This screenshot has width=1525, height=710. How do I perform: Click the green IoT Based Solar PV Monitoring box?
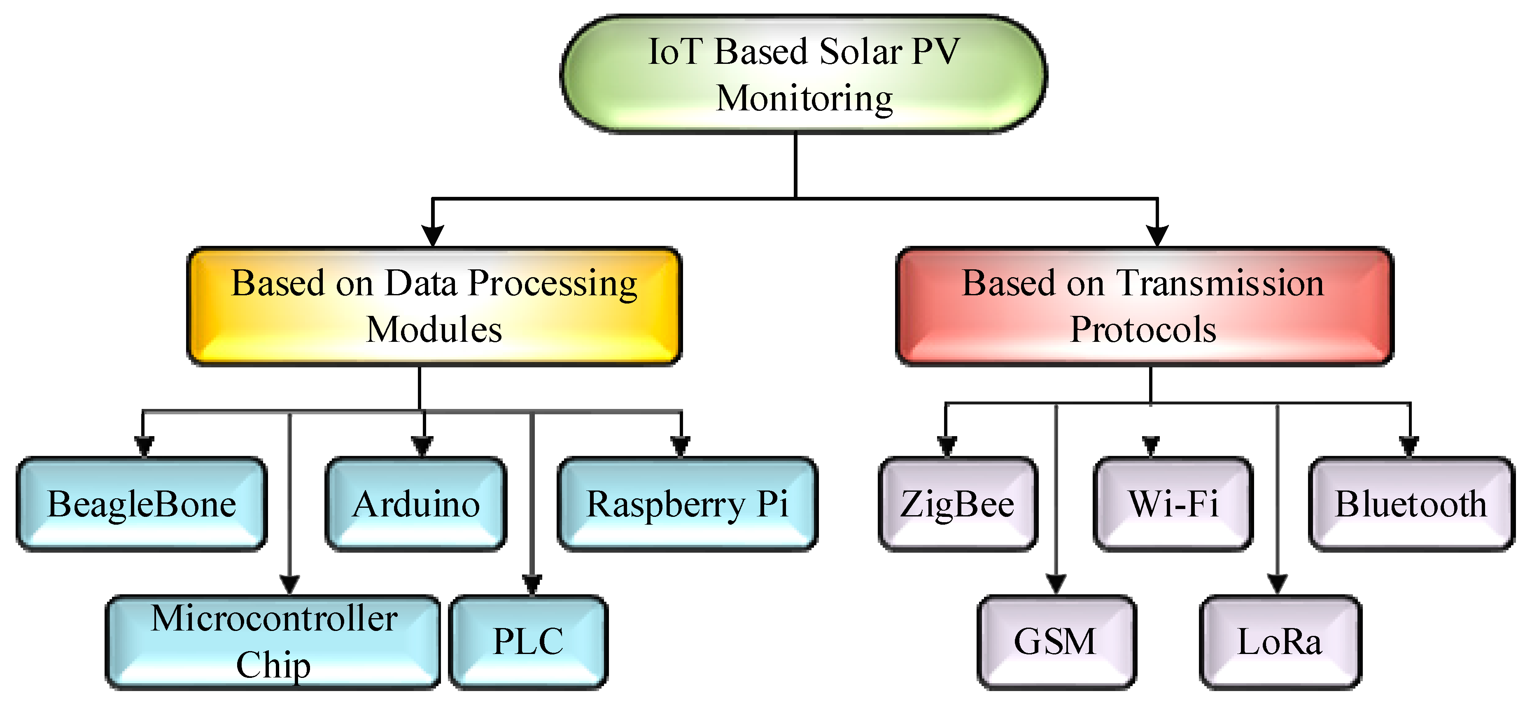click(x=803, y=74)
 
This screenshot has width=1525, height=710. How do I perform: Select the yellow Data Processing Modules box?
click(x=434, y=306)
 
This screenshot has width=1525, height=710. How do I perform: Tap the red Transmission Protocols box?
click(x=1144, y=306)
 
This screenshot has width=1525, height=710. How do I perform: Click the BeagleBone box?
click(x=142, y=504)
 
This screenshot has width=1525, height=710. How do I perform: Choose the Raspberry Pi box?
click(x=687, y=504)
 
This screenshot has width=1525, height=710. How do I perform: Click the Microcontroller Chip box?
click(x=273, y=642)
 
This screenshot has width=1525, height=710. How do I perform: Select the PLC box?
click(x=528, y=642)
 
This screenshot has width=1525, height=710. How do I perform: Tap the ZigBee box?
click(x=957, y=504)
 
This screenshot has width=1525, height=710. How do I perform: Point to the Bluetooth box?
click(x=1411, y=504)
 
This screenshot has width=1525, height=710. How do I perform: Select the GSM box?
click(x=1056, y=642)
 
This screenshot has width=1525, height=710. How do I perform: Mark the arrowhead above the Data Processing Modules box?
click(x=433, y=235)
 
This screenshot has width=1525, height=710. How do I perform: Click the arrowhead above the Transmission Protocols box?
click(x=1157, y=235)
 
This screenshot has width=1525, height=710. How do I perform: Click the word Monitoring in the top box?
click(x=804, y=98)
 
